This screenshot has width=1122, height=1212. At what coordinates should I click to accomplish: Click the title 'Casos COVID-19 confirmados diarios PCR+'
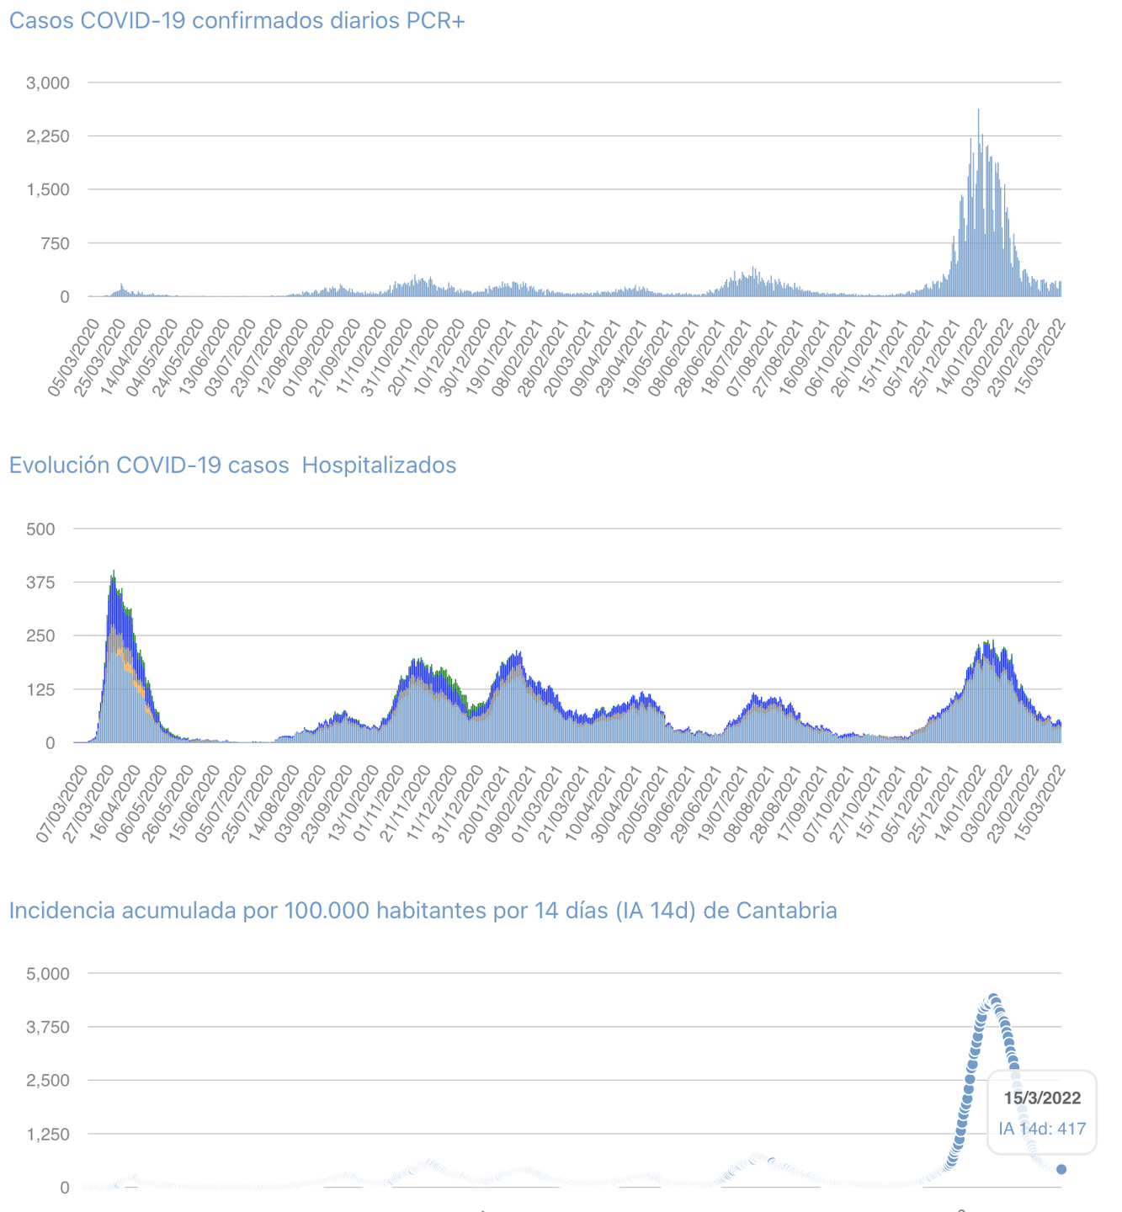(x=237, y=21)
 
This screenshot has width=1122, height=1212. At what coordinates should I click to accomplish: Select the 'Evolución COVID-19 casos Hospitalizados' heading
(x=232, y=465)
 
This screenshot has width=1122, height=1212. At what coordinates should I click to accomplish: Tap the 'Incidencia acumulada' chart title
(x=423, y=911)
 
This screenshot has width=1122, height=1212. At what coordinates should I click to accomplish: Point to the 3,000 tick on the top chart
(x=48, y=82)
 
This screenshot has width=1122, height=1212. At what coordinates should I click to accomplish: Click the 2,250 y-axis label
(x=48, y=136)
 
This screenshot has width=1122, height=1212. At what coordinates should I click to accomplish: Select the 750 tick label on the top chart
(x=55, y=243)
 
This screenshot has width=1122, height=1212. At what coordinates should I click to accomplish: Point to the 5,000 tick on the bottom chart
(x=48, y=974)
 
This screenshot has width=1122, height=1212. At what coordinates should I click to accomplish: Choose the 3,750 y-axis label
(x=48, y=1027)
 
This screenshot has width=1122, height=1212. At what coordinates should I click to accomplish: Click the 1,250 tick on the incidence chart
(x=48, y=1134)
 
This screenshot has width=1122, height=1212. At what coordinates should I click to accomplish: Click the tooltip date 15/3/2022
(x=1042, y=1098)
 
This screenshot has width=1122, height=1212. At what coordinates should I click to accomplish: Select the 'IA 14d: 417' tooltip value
(x=1042, y=1129)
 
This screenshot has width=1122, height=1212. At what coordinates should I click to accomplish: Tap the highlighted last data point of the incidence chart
(x=1061, y=1169)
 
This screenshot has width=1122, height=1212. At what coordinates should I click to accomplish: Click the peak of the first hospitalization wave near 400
(x=114, y=573)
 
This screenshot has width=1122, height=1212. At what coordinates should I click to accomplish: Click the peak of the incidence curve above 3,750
(x=994, y=998)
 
